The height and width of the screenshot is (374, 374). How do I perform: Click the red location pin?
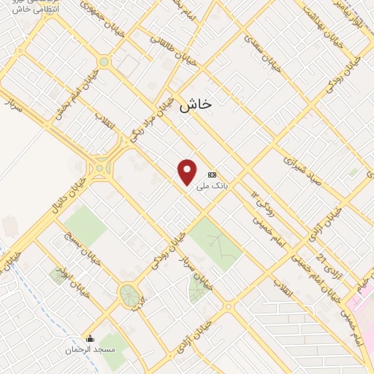(188, 172)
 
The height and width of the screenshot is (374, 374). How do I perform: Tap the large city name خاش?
(195, 104)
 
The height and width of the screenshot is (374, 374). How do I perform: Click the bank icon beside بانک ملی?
(213, 175)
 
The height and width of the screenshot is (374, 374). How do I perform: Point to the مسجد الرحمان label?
(91, 350)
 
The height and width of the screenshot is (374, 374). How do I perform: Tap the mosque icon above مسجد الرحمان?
(91, 339)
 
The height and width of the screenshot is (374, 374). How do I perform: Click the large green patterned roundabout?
(130, 296)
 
